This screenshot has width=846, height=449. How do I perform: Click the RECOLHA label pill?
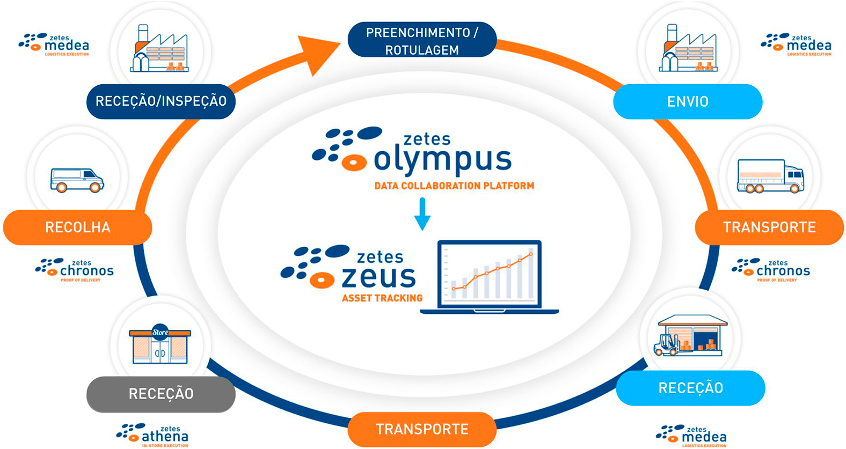click(x=78, y=227)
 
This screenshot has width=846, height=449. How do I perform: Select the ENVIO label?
click(x=688, y=101)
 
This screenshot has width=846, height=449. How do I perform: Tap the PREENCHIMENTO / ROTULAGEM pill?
click(x=422, y=40)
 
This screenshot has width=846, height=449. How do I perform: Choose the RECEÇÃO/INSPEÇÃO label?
click(x=161, y=101)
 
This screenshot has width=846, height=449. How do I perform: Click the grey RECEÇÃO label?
click(x=161, y=394)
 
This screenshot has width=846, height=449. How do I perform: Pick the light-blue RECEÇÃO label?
click(x=691, y=388)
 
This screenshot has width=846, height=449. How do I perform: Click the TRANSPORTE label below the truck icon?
click(x=769, y=227)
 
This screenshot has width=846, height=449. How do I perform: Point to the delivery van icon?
click(x=77, y=180)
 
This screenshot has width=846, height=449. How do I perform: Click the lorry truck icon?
click(x=770, y=176)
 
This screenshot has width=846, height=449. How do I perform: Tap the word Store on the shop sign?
click(x=160, y=333)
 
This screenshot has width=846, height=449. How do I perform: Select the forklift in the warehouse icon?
click(x=667, y=344)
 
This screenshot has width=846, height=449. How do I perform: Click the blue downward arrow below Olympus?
click(x=422, y=214)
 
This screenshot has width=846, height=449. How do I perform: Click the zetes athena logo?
click(x=152, y=436)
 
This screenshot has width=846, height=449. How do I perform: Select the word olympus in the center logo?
click(x=443, y=161)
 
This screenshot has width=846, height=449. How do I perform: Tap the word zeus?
click(x=378, y=277)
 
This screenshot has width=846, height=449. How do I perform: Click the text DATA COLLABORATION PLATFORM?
click(x=454, y=186)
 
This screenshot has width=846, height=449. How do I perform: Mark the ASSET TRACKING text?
click(x=382, y=298)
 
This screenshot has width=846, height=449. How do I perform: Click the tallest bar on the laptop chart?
click(x=531, y=273)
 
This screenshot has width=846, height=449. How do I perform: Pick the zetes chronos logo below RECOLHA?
click(x=75, y=270)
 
